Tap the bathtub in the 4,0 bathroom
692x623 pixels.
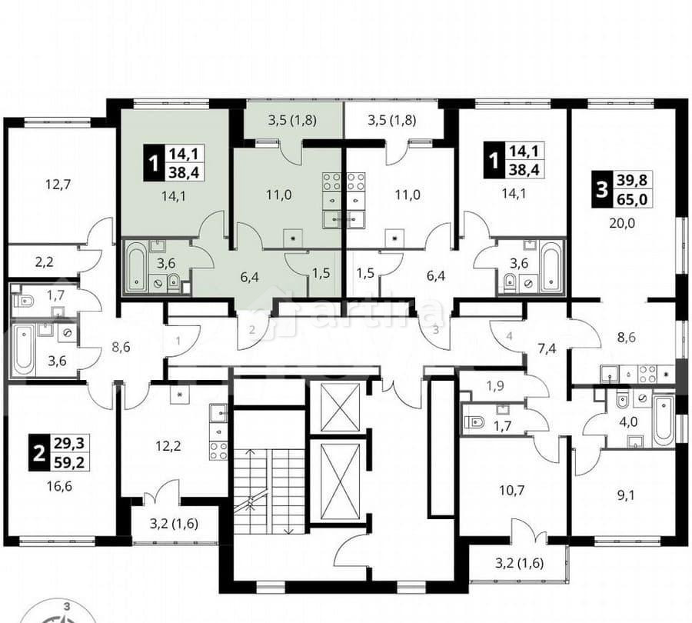click(x=662, y=419)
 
